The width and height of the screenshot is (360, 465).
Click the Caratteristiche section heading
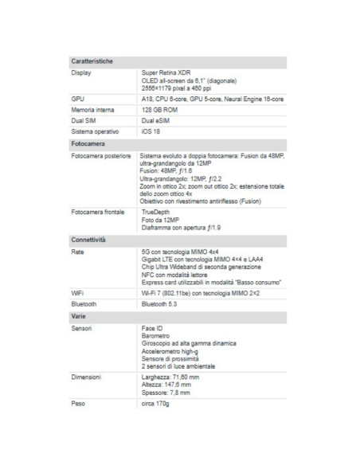92,61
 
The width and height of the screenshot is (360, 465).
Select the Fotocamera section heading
88,143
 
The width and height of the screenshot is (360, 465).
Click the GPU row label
78,97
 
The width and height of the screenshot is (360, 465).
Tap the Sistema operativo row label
95,131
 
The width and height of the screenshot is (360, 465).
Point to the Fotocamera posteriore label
100,156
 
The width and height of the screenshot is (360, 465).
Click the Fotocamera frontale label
97,213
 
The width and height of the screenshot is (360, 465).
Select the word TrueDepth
156,213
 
